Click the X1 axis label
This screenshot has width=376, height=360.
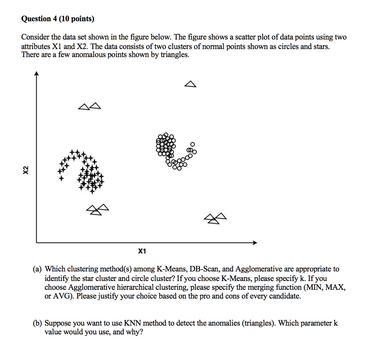pos(142,252)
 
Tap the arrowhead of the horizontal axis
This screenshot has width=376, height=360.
pos(254,243)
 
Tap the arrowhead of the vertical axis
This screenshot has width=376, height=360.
pos(36,74)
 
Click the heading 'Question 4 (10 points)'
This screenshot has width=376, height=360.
pos(58,19)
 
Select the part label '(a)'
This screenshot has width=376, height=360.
pos(36,269)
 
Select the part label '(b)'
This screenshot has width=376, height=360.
pos(36,323)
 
